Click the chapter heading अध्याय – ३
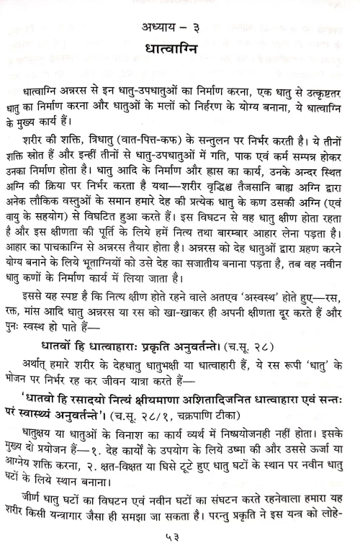click(x=180, y=30)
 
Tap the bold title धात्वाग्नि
click(x=180, y=53)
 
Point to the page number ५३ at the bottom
click(x=180, y=539)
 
